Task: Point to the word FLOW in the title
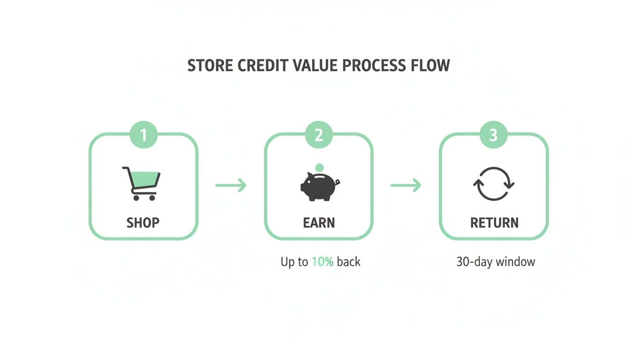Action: pyautogui.click(x=431, y=66)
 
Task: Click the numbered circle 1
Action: pyautogui.click(x=143, y=135)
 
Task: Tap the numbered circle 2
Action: pyautogui.click(x=319, y=135)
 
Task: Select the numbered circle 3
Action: pyautogui.click(x=494, y=135)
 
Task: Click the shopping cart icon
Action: pyautogui.click(x=141, y=183)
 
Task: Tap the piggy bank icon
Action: pyautogui.click(x=319, y=187)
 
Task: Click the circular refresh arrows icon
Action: pyautogui.click(x=494, y=184)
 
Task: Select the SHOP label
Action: pyautogui.click(x=143, y=223)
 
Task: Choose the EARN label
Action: pyautogui.click(x=319, y=223)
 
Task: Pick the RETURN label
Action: pyautogui.click(x=494, y=223)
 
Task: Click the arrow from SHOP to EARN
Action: pyautogui.click(x=231, y=185)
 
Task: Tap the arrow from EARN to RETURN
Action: pyautogui.click(x=406, y=185)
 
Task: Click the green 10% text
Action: pyautogui.click(x=322, y=262)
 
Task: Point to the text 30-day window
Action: pyautogui.click(x=495, y=262)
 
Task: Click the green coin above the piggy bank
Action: pyautogui.click(x=320, y=167)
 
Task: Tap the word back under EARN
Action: pyautogui.click(x=349, y=262)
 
